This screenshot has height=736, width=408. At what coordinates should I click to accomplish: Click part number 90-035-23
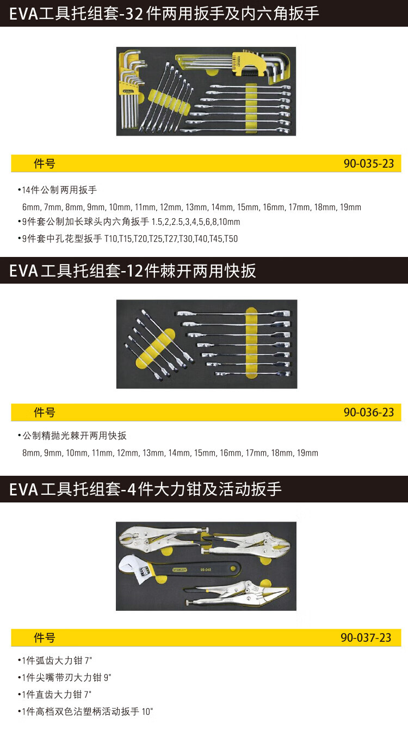[x=369, y=164]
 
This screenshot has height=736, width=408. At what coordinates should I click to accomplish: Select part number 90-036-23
[x=369, y=412]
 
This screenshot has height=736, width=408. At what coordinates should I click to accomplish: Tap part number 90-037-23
[x=366, y=638]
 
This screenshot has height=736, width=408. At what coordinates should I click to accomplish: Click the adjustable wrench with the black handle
[x=180, y=570]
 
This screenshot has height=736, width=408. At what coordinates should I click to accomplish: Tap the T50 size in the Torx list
[x=231, y=239]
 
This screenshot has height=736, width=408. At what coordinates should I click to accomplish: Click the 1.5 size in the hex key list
[x=157, y=222]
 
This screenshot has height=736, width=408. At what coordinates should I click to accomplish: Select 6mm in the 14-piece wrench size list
[x=32, y=207]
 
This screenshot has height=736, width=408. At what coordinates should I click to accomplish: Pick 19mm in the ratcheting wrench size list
[x=307, y=453]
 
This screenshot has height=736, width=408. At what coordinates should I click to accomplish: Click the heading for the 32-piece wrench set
[x=164, y=14]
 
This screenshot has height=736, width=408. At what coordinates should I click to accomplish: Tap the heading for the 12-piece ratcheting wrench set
[x=132, y=271]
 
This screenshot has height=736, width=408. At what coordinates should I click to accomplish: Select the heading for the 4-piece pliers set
[x=145, y=489]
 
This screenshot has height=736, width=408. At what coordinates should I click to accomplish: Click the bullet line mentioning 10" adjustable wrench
[x=85, y=712]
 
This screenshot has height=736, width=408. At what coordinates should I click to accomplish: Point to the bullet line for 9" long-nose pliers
[x=64, y=678]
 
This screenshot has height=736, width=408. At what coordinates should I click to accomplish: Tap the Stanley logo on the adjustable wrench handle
[x=180, y=569]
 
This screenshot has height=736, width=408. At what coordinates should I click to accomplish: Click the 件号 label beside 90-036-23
[x=44, y=413]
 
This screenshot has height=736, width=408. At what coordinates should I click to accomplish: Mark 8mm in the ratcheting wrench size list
[x=32, y=453]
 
